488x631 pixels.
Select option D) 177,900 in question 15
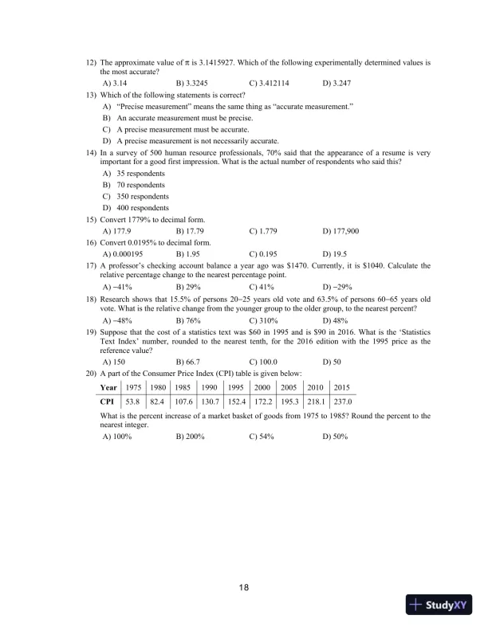tap(340, 230)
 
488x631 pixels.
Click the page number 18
tap(244, 588)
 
